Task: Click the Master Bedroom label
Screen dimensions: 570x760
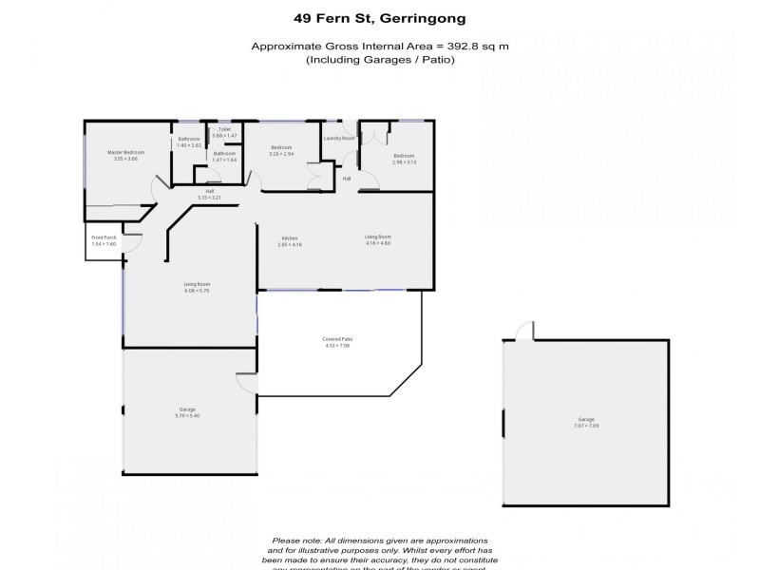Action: pyautogui.click(x=125, y=152)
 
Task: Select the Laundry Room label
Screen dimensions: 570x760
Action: pyautogui.click(x=339, y=139)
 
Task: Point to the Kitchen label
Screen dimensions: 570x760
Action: pyautogui.click(x=291, y=237)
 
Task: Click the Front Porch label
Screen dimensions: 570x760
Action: pyautogui.click(x=103, y=237)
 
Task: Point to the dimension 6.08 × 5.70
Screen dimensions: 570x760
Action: pyautogui.click(x=197, y=291)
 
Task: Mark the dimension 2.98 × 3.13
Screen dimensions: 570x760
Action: pyautogui.click(x=405, y=162)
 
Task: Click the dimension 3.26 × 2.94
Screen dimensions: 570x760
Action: pyautogui.click(x=280, y=154)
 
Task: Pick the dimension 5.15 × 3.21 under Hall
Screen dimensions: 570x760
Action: pyautogui.click(x=209, y=198)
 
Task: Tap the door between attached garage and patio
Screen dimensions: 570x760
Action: pyautogui.click(x=247, y=383)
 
